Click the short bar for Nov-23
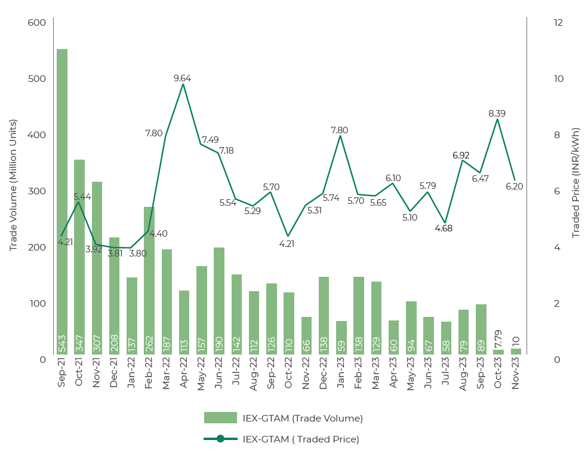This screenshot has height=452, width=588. coord(516,352)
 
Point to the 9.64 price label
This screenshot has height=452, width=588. coord(183,78)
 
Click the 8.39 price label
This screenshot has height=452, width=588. coord(497,113)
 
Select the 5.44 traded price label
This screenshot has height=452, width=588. coord(82,196)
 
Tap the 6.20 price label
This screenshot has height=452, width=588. coord(514,186)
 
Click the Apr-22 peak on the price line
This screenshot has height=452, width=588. coord(183,84)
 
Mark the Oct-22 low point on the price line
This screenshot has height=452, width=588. coord(288,236)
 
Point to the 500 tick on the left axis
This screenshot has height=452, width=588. coord(37,79)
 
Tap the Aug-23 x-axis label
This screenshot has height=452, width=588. coord(464,375)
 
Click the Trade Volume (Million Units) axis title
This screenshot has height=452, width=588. coord(13,185)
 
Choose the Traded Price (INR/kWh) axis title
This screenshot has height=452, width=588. coord(576,183)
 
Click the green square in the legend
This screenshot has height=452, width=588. coord(220,418)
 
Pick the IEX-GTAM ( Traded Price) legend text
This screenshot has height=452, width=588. coord(301,439)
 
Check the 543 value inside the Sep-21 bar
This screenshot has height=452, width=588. coord(61,343)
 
